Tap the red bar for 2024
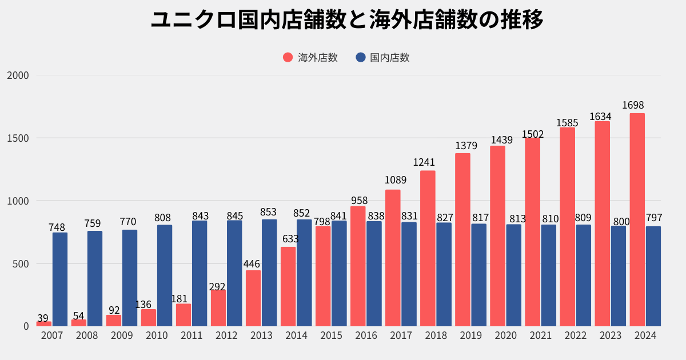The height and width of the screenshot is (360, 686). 637,220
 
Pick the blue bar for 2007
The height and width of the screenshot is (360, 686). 60,279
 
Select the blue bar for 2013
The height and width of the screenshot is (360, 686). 269,273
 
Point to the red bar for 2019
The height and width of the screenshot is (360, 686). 462,240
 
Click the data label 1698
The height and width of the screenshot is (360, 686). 633,105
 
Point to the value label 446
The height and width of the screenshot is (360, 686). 252,264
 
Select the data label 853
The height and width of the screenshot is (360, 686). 268,212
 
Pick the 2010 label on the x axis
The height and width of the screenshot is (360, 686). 157,335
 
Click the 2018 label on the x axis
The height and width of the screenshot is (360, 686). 436,335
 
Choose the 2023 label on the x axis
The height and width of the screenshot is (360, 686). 611,335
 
